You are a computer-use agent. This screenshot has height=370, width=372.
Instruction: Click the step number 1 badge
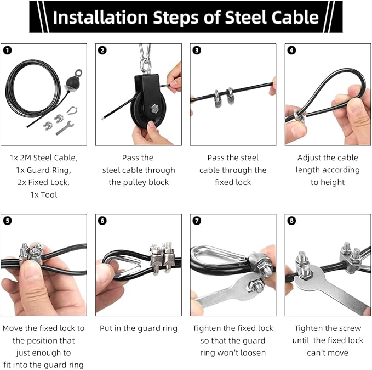[8, 51]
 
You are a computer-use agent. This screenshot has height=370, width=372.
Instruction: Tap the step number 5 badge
[8, 221]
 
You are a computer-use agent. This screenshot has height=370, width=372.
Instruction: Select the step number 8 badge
[291, 221]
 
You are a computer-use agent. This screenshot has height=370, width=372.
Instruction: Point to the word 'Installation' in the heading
[100, 17]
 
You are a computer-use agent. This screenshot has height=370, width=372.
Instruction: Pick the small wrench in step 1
[65, 128]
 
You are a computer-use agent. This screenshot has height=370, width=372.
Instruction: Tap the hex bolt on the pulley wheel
[154, 109]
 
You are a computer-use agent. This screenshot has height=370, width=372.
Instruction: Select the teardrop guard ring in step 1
[72, 110]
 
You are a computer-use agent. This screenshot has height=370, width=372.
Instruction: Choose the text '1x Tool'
[44, 195]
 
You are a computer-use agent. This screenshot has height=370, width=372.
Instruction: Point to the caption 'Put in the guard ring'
[139, 328]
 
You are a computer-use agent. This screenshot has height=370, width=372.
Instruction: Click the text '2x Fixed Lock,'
[43, 182]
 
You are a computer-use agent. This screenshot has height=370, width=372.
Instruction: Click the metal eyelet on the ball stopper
[78, 73]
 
